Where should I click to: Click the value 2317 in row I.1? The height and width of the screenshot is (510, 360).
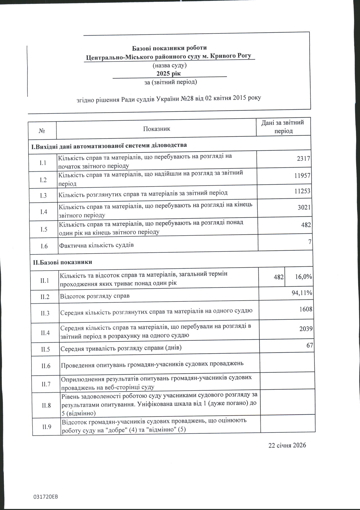(304, 159)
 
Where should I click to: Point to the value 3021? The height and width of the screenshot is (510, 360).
(304, 207)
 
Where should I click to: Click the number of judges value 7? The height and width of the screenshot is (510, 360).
(310, 242)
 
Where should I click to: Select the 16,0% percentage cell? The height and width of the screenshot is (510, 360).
(303, 276)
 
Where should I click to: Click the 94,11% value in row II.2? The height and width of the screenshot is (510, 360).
(302, 293)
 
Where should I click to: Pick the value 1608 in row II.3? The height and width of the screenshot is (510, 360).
(306, 309)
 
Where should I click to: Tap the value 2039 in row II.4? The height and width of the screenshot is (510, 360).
(306, 329)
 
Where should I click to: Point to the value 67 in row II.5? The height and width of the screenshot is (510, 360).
(310, 345)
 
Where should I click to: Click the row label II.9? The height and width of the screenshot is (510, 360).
(47, 427)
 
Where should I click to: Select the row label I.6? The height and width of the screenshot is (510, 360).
(44, 246)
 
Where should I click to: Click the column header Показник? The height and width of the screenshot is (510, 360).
(156, 129)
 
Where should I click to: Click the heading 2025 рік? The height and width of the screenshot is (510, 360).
(168, 73)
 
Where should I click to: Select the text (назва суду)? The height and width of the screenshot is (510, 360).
(170, 65)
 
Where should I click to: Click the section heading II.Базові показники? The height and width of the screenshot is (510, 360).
(62, 262)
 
